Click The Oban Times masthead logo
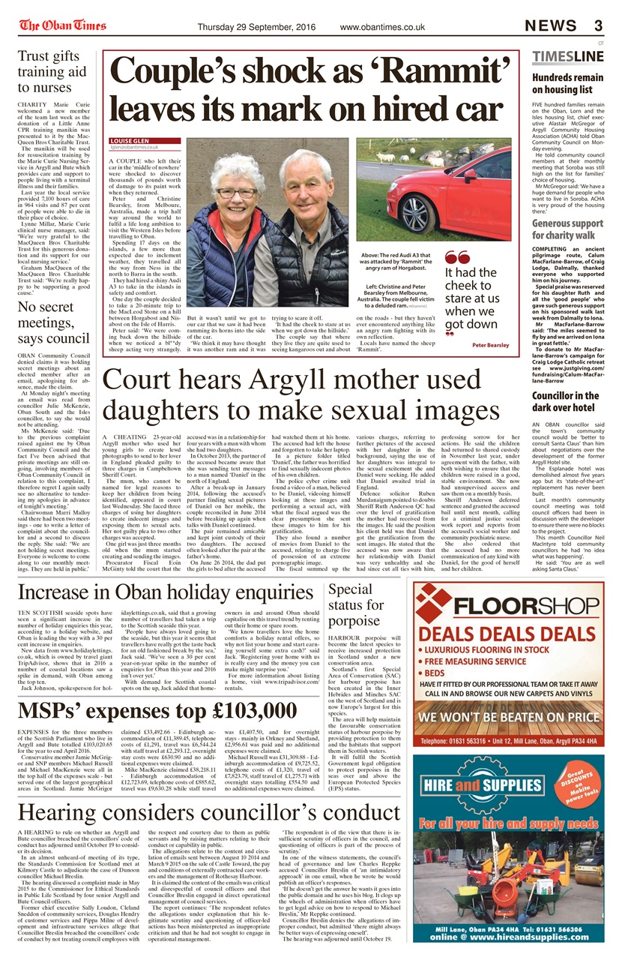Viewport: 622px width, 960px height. pos(63,26)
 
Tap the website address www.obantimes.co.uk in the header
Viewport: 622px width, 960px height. pos(382,27)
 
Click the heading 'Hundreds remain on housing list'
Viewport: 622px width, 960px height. pos(567,83)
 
